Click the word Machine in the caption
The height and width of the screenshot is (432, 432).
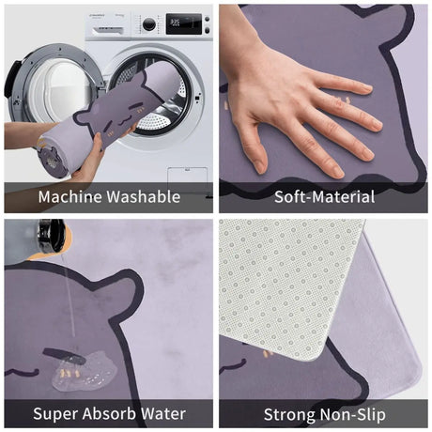pyautogui.click(x=70, y=197)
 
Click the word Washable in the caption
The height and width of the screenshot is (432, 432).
pyautogui.click(x=144, y=197)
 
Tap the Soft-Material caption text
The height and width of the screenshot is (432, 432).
pyautogui.click(x=324, y=197)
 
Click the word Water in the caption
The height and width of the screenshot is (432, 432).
pyautogui.click(x=162, y=414)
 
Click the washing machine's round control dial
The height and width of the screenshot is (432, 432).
pyautogui.click(x=149, y=24)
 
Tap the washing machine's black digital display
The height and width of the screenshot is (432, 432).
pyautogui.click(x=183, y=23)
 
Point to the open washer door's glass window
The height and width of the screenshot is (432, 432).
pyautogui.click(x=59, y=87)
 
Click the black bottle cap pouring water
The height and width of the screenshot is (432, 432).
pyautogui.click(x=51, y=236)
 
